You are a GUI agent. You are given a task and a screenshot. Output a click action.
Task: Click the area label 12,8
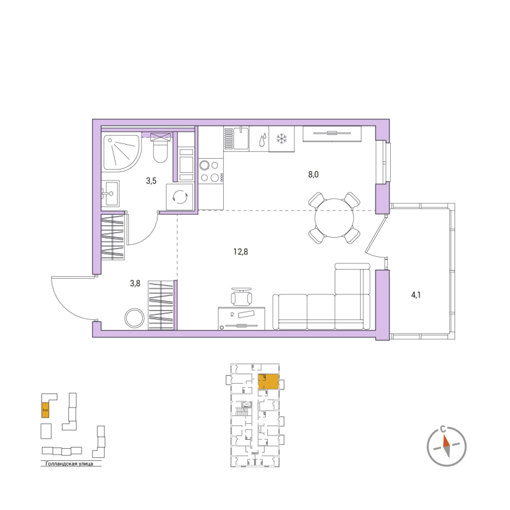pyautogui.click(x=240, y=252)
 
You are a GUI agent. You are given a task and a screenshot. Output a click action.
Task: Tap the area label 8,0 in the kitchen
pyautogui.click(x=312, y=173)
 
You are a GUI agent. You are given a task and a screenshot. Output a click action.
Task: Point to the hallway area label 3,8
pyautogui.click(x=135, y=284)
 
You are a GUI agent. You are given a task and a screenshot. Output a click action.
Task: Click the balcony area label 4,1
pyautogui.click(x=416, y=295)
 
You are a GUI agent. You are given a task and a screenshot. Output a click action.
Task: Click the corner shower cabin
pyautogui.click(x=119, y=154)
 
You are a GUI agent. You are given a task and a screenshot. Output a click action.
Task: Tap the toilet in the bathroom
pyautogui.click(x=160, y=150)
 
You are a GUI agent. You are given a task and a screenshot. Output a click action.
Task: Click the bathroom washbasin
pyautogui.click(x=112, y=192)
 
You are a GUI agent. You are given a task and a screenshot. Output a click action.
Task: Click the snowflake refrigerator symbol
pyautogui.click(x=280, y=138)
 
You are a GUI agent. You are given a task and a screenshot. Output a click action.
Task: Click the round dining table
pyautogui.click(x=334, y=217)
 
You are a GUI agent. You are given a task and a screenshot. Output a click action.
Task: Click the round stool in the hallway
pyautogui.click(x=135, y=318)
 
